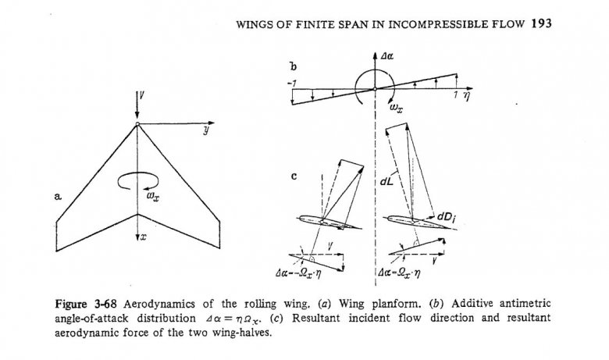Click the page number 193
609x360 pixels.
point(541,23)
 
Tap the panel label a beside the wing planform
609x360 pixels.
point(59,200)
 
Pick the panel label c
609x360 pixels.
point(293,176)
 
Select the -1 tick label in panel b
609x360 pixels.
point(291,82)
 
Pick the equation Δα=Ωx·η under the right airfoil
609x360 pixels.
point(405,273)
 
